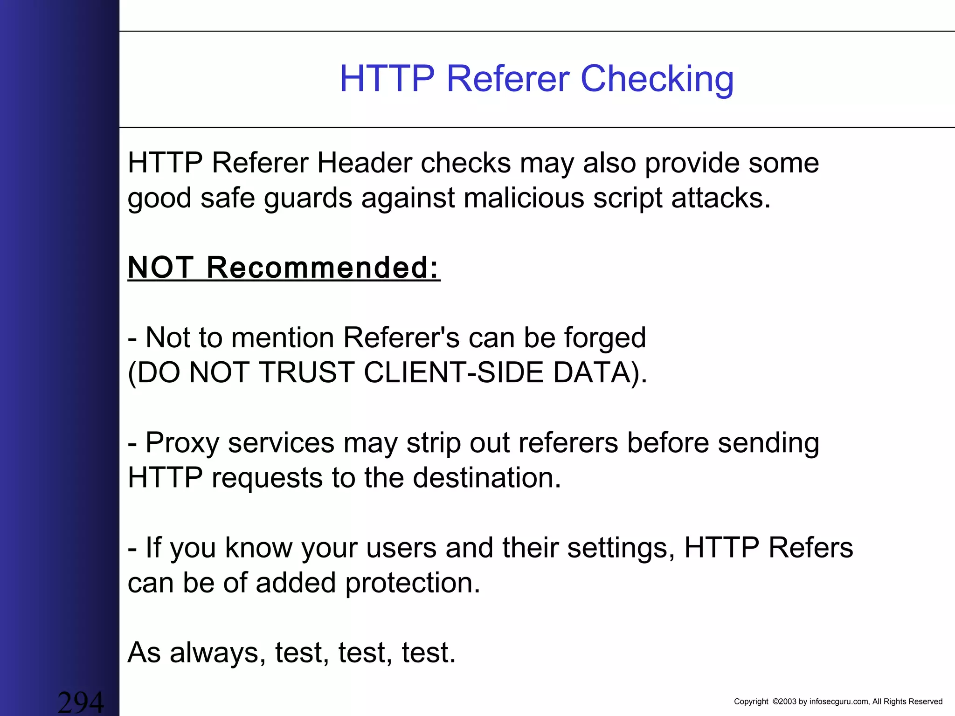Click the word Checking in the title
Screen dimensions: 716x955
[x=657, y=79]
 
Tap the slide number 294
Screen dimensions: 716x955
[x=81, y=702]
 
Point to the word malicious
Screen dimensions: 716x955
[x=524, y=198]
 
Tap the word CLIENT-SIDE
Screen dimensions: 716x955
[x=453, y=373]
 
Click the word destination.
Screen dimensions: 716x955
[x=487, y=478]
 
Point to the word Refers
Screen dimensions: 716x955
[x=810, y=548]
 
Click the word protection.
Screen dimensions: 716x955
[x=413, y=583]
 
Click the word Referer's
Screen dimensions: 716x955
[x=401, y=338]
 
